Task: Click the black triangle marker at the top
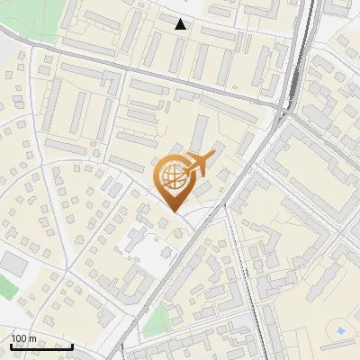click(x=181, y=24)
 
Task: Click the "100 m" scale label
click(x=23, y=338)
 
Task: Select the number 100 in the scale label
click(x=19, y=338)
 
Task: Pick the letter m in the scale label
click(x=32, y=338)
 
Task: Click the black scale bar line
click(x=40, y=346)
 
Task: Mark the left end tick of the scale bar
click(x=10, y=344)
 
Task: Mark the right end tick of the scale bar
click(x=72, y=344)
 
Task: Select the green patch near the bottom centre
click(x=158, y=319)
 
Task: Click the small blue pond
click(x=342, y=333)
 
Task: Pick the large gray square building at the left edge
click(x=13, y=263)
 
